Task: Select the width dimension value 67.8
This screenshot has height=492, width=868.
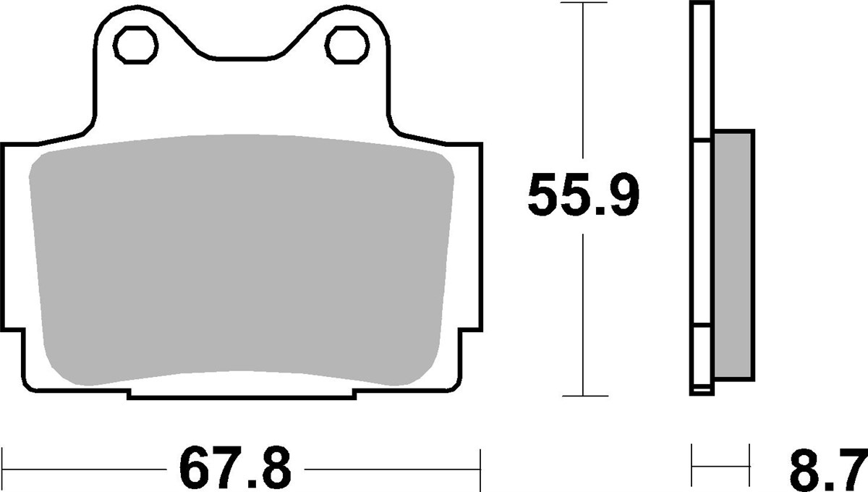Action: pyautogui.click(x=234, y=468)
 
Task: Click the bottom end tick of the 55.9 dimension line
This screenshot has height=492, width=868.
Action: pyautogui.click(x=583, y=396)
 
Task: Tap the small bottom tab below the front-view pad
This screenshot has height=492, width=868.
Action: pyautogui.click(x=242, y=394)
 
